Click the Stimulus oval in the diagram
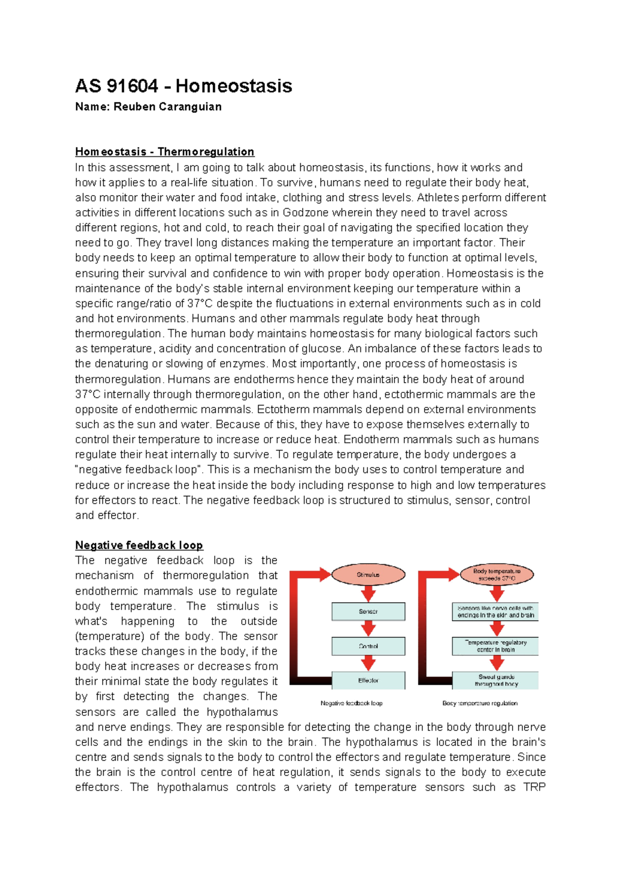368,575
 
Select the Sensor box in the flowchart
368,611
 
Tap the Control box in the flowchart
368,646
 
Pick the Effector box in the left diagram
368,680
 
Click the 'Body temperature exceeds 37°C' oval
497,575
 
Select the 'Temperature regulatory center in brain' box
496,646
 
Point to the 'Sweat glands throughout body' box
496,680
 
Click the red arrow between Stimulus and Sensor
368,593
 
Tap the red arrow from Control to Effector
368,663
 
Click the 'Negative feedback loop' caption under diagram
351,703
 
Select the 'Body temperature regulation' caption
480,703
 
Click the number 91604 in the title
133,86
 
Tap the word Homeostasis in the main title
234,86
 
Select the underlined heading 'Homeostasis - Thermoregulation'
164,152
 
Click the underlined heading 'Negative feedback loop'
139,545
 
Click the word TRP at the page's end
534,787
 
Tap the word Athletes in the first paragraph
438,198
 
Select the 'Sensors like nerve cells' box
496,611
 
